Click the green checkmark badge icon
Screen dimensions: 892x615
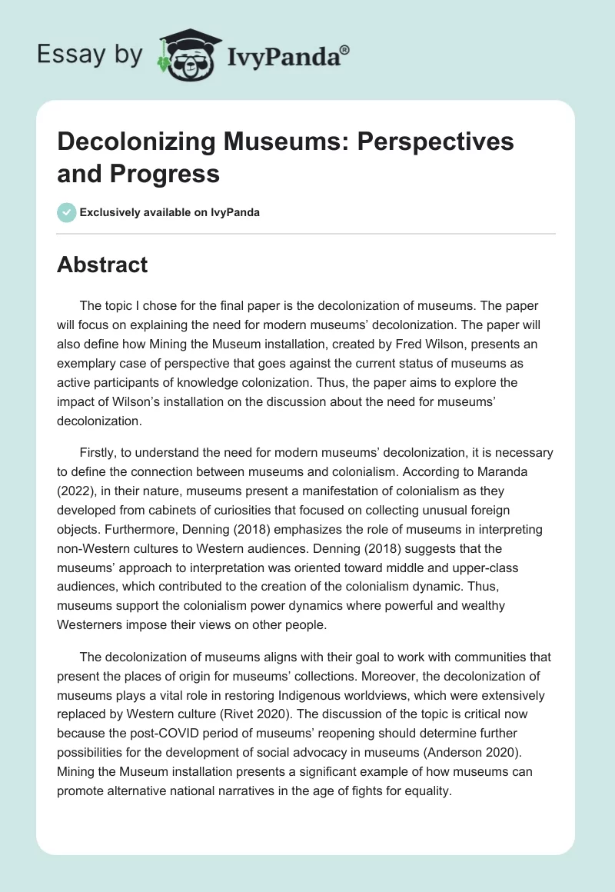[x=67, y=213]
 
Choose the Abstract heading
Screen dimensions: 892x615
[x=102, y=265]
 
